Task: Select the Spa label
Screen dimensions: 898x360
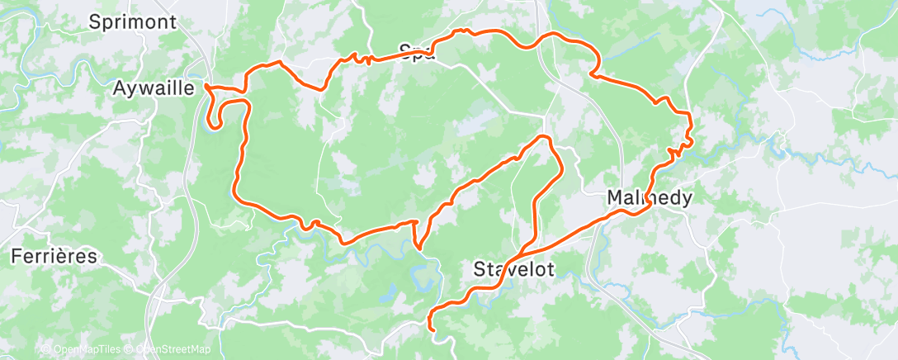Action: (417, 52)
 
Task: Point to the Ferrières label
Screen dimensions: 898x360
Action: (54, 256)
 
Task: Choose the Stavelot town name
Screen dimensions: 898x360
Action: (513, 269)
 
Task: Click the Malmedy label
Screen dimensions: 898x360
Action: (650, 198)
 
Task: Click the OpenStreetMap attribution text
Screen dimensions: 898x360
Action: (173, 350)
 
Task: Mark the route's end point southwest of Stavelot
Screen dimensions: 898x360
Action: (434, 329)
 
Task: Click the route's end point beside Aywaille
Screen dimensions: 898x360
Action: (206, 86)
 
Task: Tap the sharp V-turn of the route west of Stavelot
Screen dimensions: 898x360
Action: (418, 246)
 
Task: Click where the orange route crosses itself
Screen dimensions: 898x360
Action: (526, 250)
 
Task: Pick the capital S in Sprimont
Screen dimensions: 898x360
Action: (94, 22)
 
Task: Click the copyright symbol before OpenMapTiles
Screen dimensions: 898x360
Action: (45, 350)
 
